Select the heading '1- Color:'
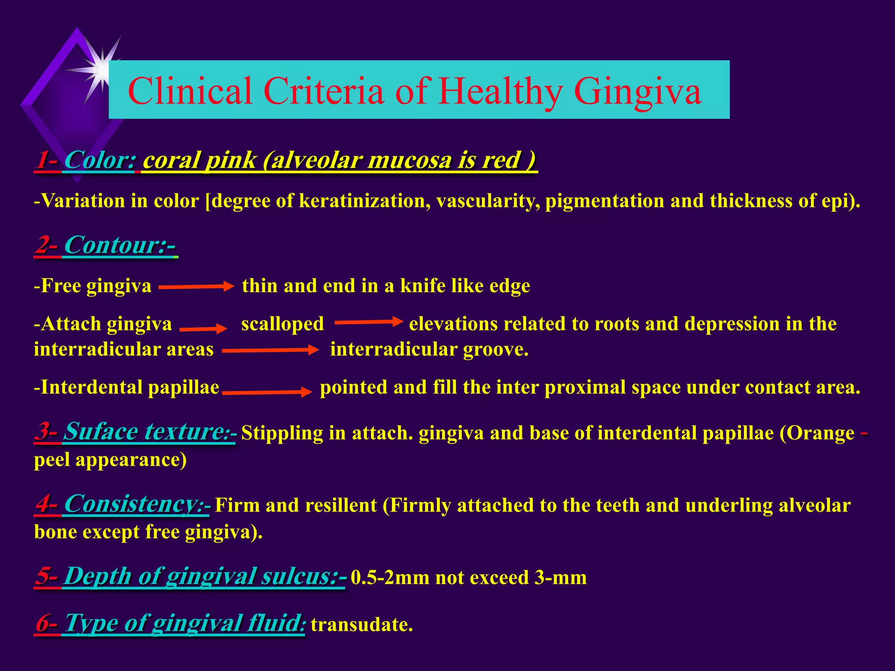click(86, 160)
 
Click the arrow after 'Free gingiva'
click(196, 287)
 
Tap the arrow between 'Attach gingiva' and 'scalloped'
click(203, 329)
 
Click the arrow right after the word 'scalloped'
click(368, 322)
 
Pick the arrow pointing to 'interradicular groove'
click(271, 350)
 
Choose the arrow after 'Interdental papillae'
click(267, 392)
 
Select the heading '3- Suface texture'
click(135, 432)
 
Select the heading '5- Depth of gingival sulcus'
click(191, 576)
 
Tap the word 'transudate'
click(361, 625)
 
